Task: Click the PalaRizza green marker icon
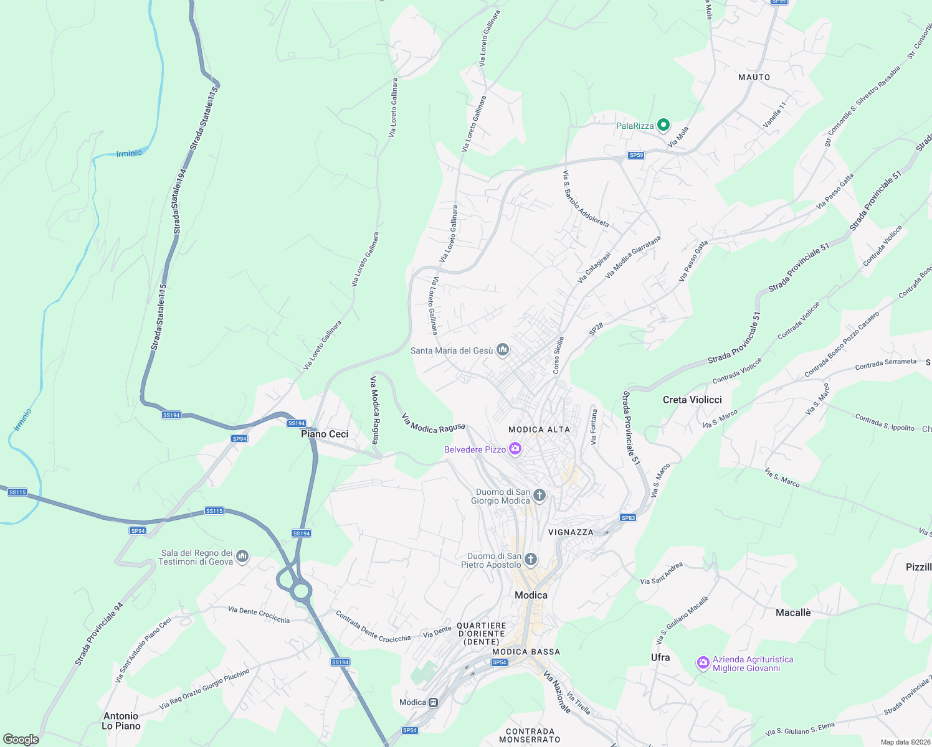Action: tap(663, 125)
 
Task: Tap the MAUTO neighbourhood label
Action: tap(754, 77)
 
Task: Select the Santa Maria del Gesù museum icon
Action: tap(503, 350)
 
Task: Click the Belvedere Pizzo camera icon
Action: tap(515, 449)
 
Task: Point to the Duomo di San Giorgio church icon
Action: tap(540, 496)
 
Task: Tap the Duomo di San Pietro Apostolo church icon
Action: tap(531, 560)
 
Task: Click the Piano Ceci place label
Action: tap(325, 434)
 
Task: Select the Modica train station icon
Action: tap(433, 702)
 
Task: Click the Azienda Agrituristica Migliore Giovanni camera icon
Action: tap(703, 663)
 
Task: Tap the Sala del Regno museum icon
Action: tap(243, 556)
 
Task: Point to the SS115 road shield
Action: tap(214, 511)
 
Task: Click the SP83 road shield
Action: tap(628, 518)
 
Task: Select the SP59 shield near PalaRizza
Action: tap(635, 155)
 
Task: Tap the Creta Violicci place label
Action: tap(692, 400)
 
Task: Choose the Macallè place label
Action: tap(793, 613)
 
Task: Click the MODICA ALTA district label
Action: tap(539, 430)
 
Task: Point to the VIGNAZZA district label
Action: tap(571, 532)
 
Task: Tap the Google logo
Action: tap(21, 739)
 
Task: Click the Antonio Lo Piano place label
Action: tap(121, 721)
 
